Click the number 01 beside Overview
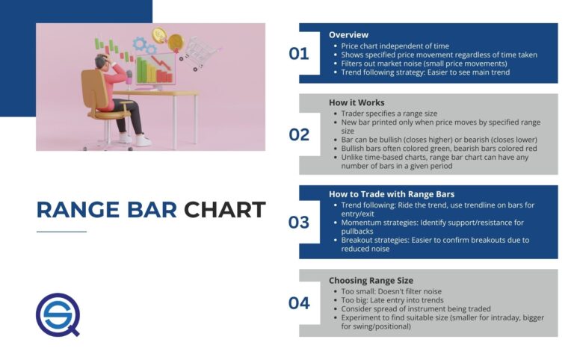299,53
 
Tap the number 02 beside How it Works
299,134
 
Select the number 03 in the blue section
299,222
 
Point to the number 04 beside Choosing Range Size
299,302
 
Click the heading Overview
348,34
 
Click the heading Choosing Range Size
370,280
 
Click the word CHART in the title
225,210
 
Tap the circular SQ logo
58,314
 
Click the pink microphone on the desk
129,77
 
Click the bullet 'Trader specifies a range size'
383,113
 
